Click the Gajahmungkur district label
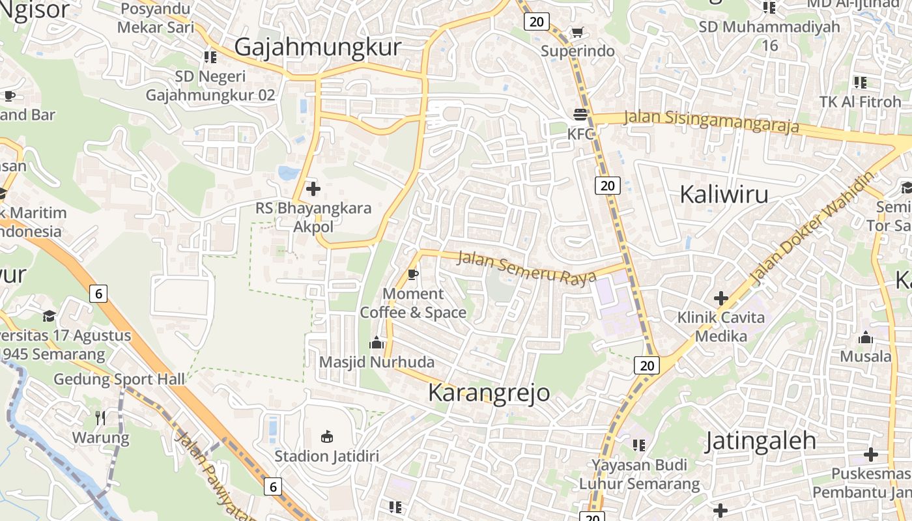click(x=317, y=48)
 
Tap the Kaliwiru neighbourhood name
click(x=724, y=194)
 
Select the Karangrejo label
click(x=489, y=393)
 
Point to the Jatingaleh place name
click(x=760, y=441)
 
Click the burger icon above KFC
click(x=580, y=115)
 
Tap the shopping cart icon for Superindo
click(x=577, y=32)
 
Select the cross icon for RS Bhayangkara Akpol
click(x=313, y=190)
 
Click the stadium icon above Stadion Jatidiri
click(x=327, y=436)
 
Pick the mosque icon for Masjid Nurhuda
click(x=377, y=343)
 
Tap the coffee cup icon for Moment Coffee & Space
click(x=412, y=274)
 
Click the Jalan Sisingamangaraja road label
click(x=711, y=121)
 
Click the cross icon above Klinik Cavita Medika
click(x=720, y=299)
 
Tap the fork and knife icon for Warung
click(x=100, y=417)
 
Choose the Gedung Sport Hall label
click(x=119, y=379)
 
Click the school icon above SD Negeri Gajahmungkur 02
click(x=210, y=57)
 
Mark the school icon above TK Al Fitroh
click(x=861, y=83)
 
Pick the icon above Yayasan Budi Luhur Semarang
click(x=639, y=445)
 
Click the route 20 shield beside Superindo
click(x=536, y=21)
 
